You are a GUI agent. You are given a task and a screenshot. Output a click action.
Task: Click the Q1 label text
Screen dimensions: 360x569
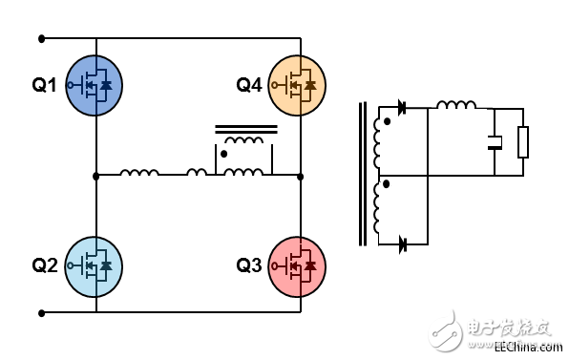point(44,85)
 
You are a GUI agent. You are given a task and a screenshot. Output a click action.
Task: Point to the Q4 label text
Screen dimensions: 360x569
point(248,85)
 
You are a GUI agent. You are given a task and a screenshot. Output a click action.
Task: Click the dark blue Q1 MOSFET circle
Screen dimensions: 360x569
point(95,85)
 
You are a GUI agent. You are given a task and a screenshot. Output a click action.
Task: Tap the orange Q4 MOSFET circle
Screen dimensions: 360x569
point(298,85)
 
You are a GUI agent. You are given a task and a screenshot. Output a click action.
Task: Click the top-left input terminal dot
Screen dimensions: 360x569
point(41,39)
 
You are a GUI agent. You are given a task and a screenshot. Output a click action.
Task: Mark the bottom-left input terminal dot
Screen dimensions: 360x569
point(41,312)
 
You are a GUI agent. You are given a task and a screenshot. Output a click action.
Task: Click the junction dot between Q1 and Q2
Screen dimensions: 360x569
point(95,176)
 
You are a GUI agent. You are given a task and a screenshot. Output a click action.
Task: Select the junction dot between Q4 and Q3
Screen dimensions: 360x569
point(299,176)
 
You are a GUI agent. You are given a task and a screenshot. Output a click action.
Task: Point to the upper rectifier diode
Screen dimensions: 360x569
point(402,108)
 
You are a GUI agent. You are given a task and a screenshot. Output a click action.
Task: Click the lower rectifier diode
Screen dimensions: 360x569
point(402,244)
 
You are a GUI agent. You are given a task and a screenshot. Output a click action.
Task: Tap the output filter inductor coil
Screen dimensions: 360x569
point(456,105)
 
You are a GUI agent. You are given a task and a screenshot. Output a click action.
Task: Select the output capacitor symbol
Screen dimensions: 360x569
point(495,144)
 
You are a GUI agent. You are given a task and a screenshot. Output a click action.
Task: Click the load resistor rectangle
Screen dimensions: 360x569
point(522,142)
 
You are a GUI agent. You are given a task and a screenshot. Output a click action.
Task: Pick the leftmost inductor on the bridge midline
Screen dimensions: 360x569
point(139,173)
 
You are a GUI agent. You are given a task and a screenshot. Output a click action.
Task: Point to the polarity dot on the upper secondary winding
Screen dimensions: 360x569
point(387,122)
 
